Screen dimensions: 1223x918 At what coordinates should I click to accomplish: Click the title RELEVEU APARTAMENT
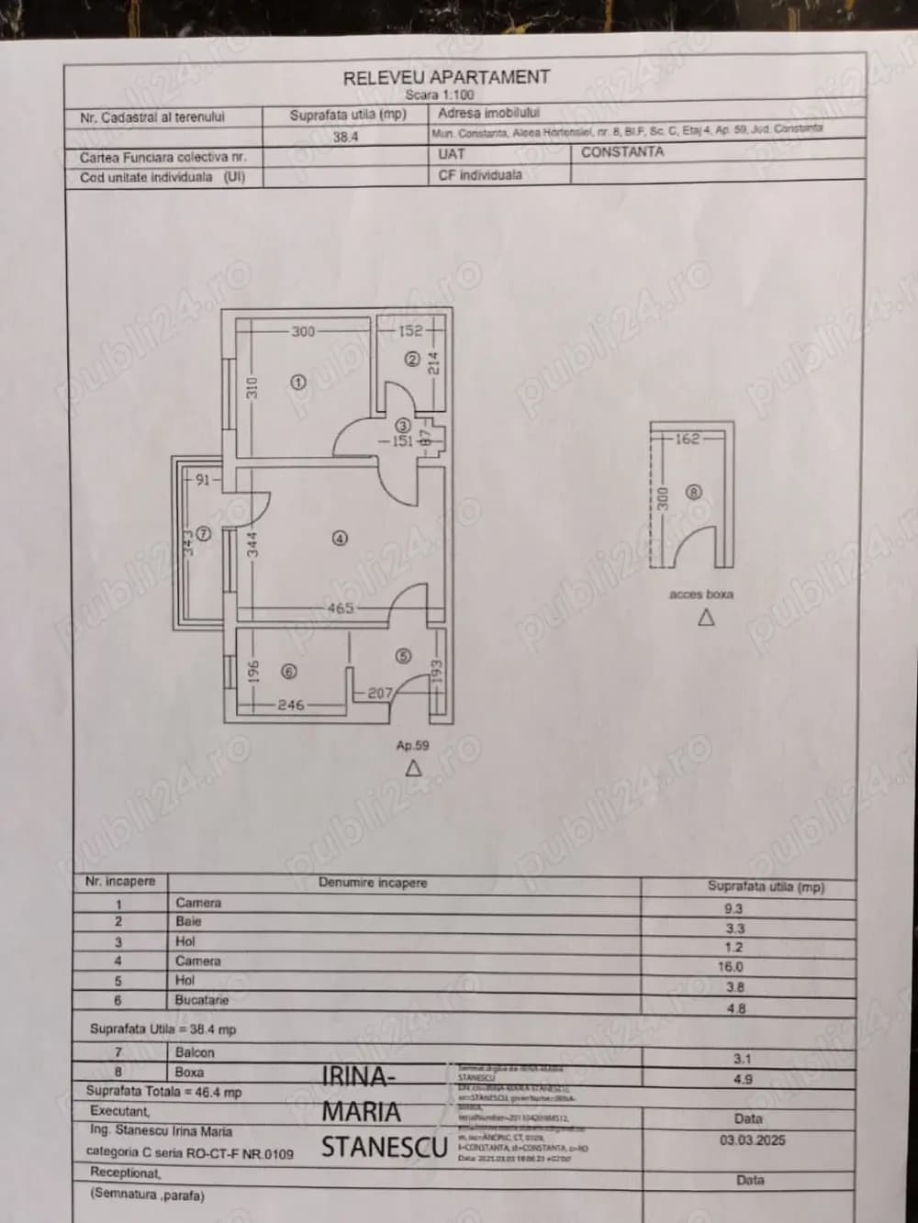point(446,78)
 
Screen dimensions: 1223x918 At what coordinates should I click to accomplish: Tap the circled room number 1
point(297,383)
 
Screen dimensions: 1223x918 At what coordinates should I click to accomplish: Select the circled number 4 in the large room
point(340,539)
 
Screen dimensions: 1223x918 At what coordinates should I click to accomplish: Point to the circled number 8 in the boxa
point(694,492)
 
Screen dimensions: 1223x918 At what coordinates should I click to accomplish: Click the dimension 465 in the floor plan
point(341,607)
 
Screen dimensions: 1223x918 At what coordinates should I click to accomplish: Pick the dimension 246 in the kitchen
point(290,705)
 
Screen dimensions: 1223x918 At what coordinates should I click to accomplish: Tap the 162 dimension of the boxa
point(687,439)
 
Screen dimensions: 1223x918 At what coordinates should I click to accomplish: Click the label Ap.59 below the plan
point(412,746)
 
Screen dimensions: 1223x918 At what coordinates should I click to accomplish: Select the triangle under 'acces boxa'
point(705,618)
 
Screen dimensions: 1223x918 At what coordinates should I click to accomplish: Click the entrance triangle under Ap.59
point(413,769)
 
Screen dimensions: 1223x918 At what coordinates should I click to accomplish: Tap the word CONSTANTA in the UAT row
point(621,151)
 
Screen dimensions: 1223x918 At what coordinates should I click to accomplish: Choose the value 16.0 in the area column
point(731,966)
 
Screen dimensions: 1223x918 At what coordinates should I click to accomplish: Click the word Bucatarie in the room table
point(202,1000)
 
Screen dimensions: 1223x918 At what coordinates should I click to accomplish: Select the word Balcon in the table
point(195,1052)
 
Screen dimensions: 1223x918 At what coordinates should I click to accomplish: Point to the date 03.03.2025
point(752,1140)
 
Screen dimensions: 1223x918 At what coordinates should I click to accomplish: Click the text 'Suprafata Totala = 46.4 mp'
point(163,1092)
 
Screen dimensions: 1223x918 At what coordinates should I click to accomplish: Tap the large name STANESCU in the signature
point(384,1147)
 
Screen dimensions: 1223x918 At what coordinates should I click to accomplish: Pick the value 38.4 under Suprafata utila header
point(345,137)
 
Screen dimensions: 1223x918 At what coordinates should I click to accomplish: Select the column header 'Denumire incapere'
point(373,883)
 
